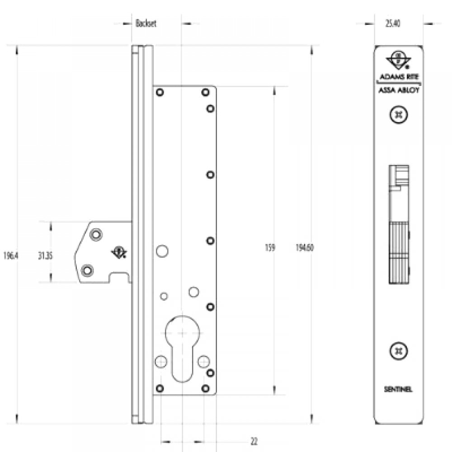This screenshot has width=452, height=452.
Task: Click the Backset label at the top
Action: (x=146, y=24)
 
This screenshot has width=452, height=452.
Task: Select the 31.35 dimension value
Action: (x=46, y=255)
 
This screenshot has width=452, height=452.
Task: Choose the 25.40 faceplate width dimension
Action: (x=393, y=24)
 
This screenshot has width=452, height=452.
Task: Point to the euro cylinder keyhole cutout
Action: (x=181, y=344)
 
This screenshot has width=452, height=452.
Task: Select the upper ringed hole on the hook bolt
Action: (x=95, y=235)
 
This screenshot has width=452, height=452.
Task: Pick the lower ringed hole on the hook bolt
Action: (x=87, y=270)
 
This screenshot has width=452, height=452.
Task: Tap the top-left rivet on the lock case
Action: (x=160, y=93)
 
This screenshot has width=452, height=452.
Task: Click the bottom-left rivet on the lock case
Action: (x=160, y=388)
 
